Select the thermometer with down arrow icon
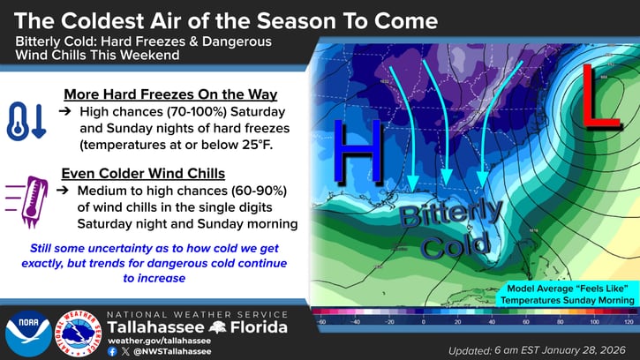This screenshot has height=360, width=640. [26, 121]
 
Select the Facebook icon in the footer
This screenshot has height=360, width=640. [112, 351]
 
